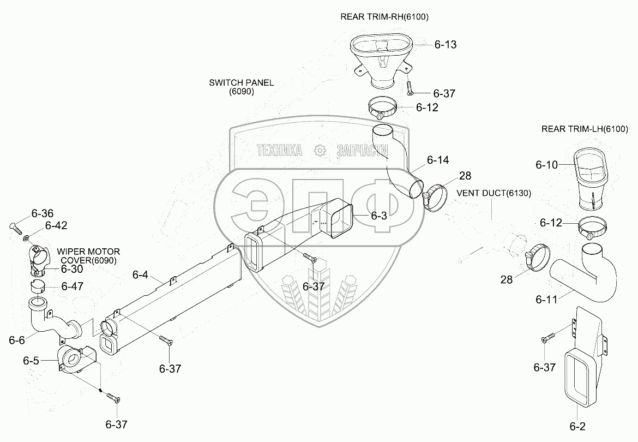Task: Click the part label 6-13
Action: tap(445, 44)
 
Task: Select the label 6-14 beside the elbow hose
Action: tap(438, 160)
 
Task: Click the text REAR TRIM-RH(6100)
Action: tap(384, 17)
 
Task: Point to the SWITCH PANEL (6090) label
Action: tap(241, 87)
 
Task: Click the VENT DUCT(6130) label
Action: tap(494, 193)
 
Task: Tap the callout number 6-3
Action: tap(379, 216)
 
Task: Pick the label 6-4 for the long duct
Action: tap(140, 275)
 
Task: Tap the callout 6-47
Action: tap(73, 286)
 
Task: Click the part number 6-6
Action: tap(17, 340)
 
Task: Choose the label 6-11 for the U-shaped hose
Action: tap(546, 300)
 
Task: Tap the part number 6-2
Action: tap(577, 426)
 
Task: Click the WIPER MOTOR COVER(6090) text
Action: tap(88, 256)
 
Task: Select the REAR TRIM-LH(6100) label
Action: tap(585, 129)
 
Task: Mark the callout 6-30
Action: tap(72, 269)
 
